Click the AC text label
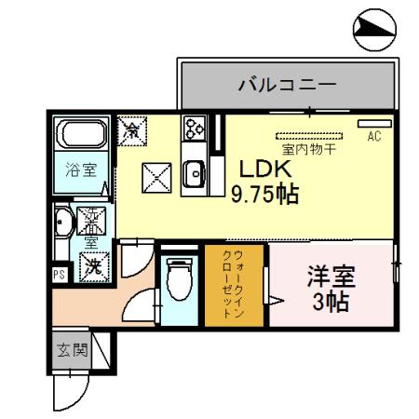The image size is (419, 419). coord(374,137)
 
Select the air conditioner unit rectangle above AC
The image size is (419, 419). coord(374,124)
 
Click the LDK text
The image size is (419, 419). coord(267,169)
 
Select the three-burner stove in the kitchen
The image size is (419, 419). coord(195,129)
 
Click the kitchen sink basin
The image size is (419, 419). coord(195,172)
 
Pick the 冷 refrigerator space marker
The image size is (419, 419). coord(131,128)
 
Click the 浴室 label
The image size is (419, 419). coord(80,170)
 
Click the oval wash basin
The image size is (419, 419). coord(62,223)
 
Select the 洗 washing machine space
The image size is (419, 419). coord(95,265)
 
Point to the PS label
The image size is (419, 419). coord(59,274)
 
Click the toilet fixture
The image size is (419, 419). coord(177,279)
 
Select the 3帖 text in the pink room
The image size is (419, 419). coord(331,303)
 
